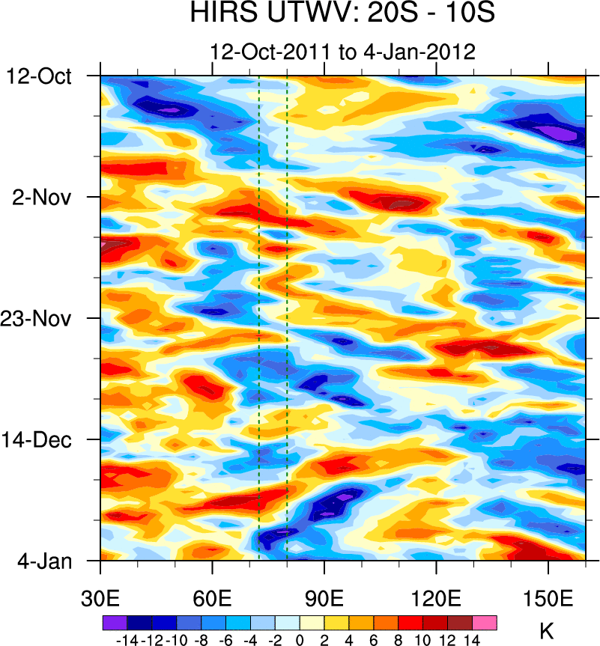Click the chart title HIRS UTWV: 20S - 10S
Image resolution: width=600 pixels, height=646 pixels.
coord(342,13)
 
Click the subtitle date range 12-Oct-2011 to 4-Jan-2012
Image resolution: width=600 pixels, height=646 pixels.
coord(343,52)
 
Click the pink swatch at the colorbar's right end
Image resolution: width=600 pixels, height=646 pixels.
coord(485,623)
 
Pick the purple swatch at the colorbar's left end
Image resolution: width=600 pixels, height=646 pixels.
coord(114,623)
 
